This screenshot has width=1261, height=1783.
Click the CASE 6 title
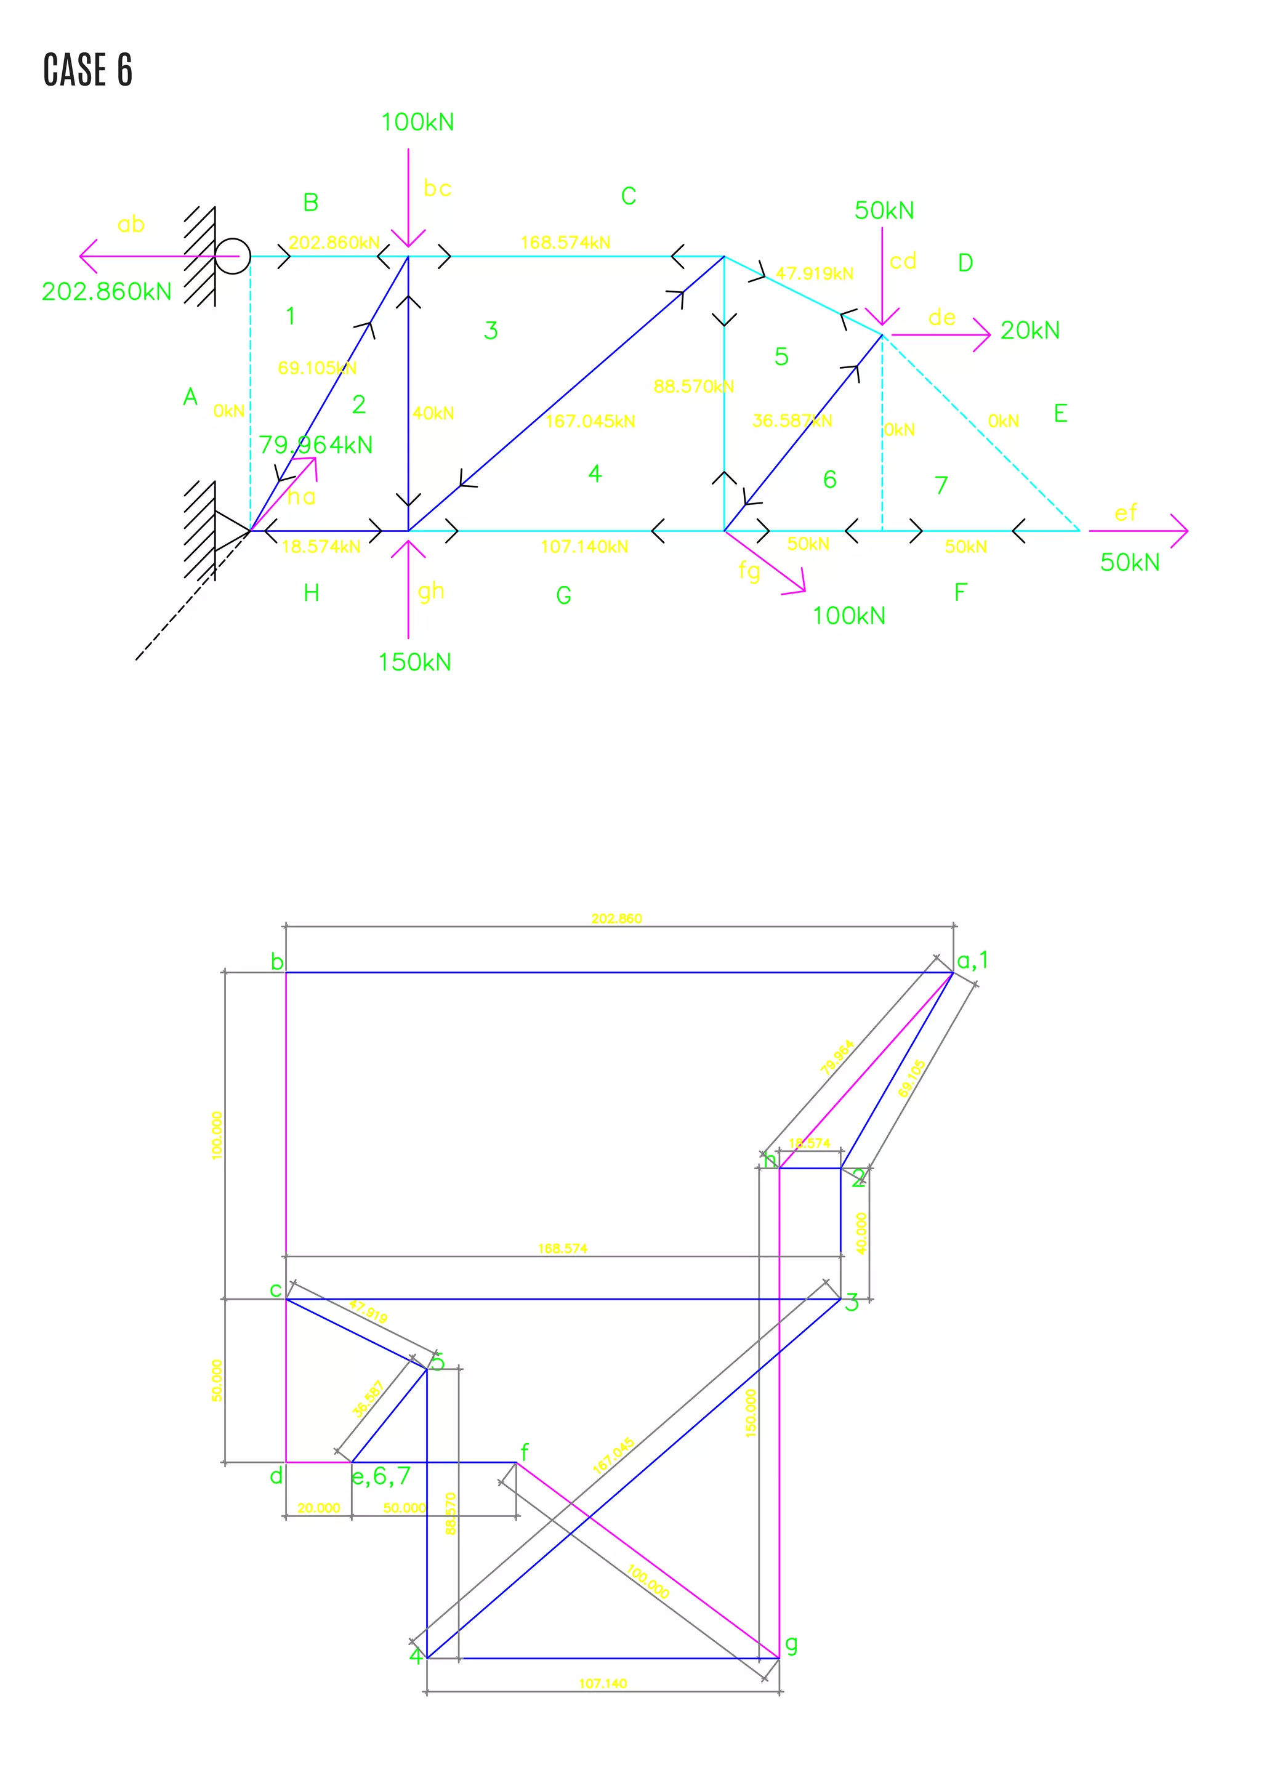point(88,70)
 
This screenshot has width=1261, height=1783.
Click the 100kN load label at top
point(417,122)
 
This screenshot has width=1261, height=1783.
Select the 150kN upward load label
point(414,662)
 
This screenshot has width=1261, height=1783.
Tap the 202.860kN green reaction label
point(107,292)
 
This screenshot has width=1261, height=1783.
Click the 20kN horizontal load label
point(1029,331)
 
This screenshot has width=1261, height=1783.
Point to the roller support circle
point(232,256)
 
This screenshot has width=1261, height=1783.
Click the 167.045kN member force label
point(590,422)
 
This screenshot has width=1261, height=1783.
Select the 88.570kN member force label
point(693,386)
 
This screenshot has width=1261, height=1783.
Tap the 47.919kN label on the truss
point(815,273)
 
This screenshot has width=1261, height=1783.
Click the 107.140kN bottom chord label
point(584,547)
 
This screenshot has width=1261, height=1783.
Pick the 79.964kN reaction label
point(315,445)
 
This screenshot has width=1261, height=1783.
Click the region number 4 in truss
point(595,473)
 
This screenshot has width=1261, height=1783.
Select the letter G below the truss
point(564,595)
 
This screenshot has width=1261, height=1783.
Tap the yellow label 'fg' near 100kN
point(749,571)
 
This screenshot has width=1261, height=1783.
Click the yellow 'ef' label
point(1125,513)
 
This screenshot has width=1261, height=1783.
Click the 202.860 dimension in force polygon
point(616,919)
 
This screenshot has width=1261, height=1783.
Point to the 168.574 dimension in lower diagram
point(562,1249)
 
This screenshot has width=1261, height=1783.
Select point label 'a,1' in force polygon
point(972,960)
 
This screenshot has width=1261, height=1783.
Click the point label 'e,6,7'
point(381,1476)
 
